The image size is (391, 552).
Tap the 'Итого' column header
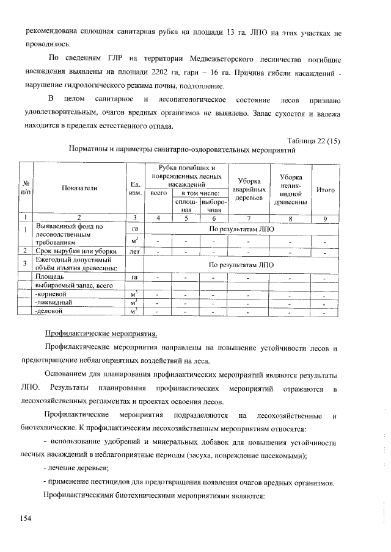click(326, 190)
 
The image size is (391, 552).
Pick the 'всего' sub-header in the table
click(158, 193)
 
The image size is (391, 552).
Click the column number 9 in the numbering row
click(326, 217)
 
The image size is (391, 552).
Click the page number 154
click(25, 518)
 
